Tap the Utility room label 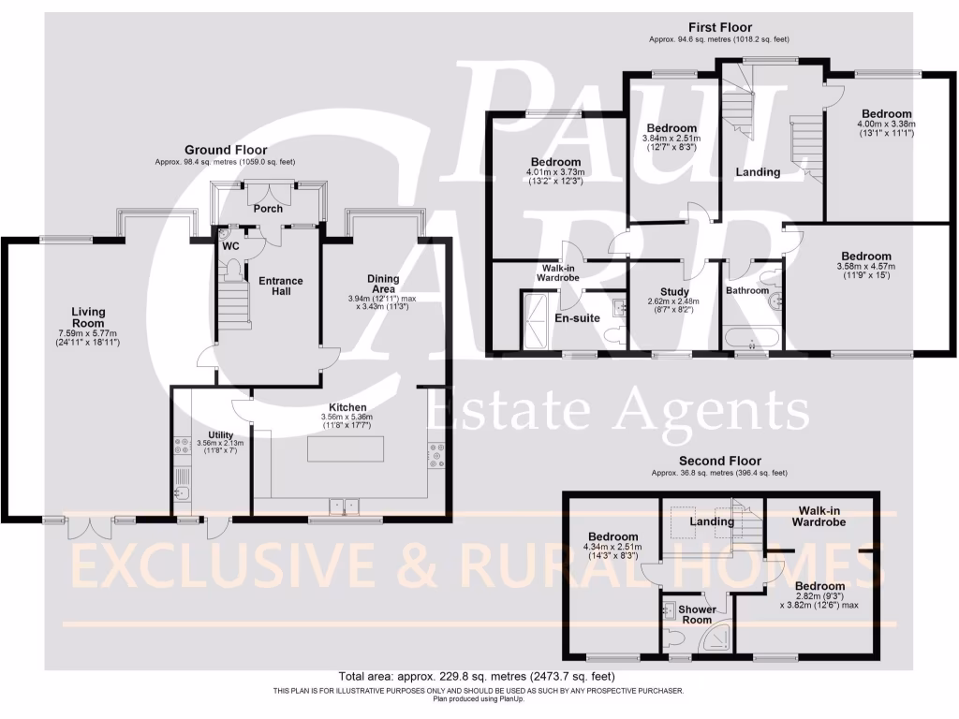[220, 434]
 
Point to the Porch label [269, 209]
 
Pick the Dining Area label [383, 285]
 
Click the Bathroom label [747, 290]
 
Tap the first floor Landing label [758, 172]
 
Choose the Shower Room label [698, 614]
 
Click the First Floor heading [719, 27]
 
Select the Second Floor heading [719, 461]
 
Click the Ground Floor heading [225, 150]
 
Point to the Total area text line [479, 676]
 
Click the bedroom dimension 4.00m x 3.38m [885, 124]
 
